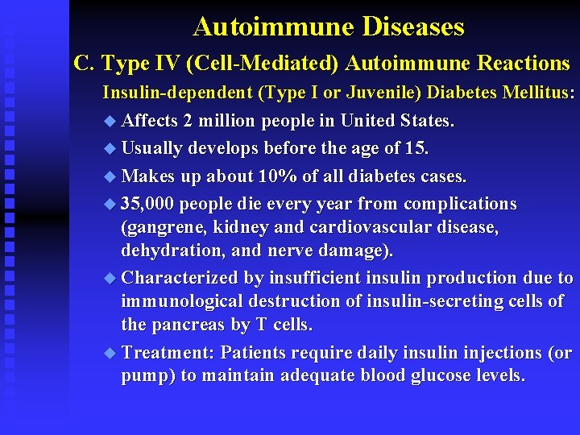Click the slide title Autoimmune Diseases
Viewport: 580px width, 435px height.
pos(329,27)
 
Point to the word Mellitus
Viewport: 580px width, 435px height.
pos(542,93)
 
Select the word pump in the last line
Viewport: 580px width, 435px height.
pos(143,376)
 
